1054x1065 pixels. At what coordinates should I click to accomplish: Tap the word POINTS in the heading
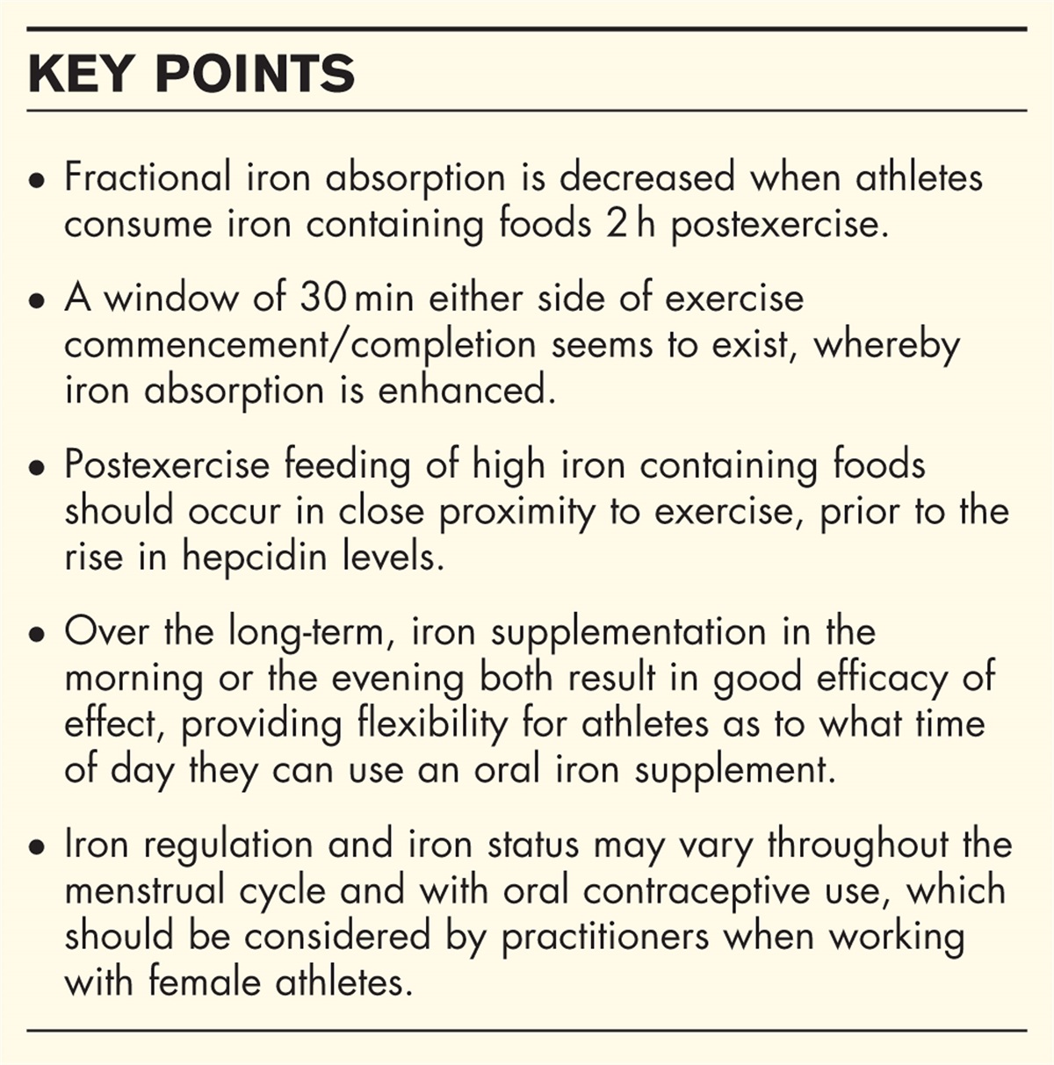(x=255, y=74)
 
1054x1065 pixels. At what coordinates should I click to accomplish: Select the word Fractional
(x=148, y=178)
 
